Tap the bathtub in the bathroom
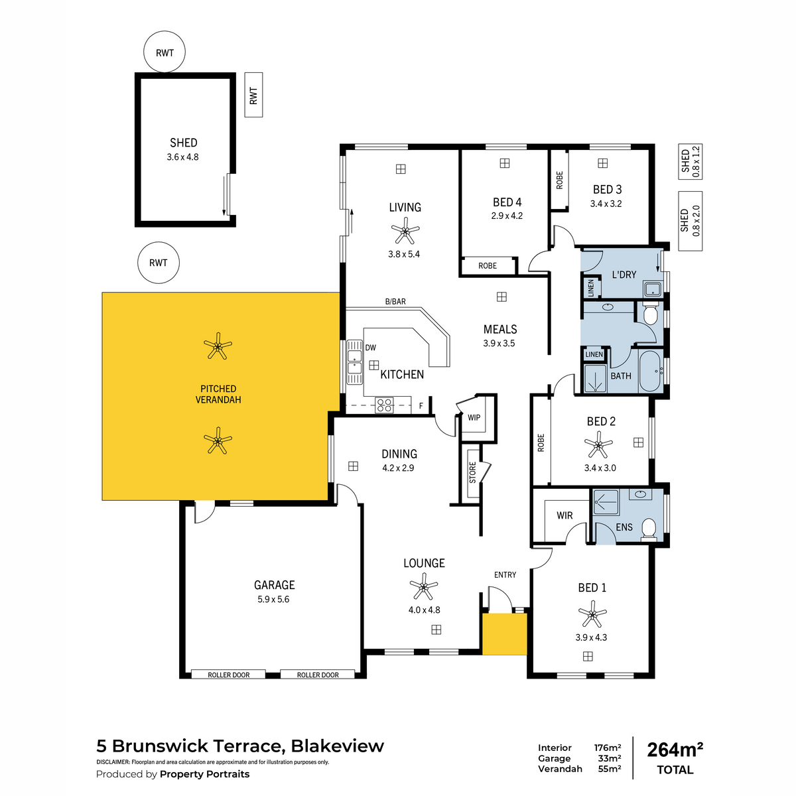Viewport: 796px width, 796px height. pos(650,371)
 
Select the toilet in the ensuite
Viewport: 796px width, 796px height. pos(649,529)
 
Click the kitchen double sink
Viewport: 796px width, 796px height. pos(354,362)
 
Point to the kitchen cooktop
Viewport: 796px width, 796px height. pos(384,405)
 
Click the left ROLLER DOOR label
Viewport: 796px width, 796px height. pos(228,675)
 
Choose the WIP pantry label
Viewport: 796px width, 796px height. pos(474,417)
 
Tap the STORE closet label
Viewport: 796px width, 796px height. pos(472,472)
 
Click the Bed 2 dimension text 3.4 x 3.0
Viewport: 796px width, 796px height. pos(600,468)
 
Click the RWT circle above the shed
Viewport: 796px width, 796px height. pos(165,52)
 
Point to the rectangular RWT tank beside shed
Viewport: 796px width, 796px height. pos(253,95)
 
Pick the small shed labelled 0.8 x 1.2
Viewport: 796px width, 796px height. pos(690,161)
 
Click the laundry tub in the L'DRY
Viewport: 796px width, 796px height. pos(653,289)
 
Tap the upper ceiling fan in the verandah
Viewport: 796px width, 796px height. pos(218,346)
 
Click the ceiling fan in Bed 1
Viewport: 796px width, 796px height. pos(592,614)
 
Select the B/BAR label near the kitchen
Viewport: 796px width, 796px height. pos(395,302)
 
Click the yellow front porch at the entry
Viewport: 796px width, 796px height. pos(505,633)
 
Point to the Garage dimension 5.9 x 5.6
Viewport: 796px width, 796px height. pos(273,599)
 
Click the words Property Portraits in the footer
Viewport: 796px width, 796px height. pos(204,773)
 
